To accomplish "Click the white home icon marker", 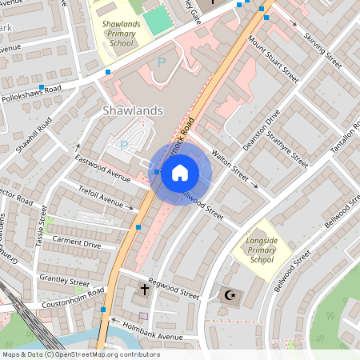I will [180, 173].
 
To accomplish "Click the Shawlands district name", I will [134, 110].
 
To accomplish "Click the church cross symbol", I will [145, 289].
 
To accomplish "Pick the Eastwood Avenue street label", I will [102, 167].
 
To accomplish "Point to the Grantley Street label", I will [65, 281].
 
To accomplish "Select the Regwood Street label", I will [174, 291].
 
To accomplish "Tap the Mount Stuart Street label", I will [273, 61].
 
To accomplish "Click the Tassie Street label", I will [41, 226].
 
